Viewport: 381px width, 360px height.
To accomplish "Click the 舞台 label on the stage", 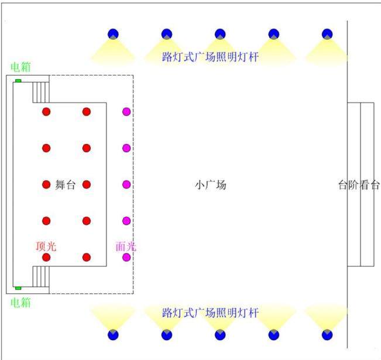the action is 66,185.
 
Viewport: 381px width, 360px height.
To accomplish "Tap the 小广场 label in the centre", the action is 211,185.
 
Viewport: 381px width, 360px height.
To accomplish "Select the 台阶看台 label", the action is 359,185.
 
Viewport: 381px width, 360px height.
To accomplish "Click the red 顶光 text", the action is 46,246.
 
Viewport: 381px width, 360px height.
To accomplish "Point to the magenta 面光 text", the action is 126,246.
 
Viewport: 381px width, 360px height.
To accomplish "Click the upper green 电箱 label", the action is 20,67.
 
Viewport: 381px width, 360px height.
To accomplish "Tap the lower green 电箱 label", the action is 20,303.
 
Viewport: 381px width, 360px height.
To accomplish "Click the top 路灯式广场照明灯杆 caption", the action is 210,57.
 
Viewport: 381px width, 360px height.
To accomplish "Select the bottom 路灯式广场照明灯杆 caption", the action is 210,313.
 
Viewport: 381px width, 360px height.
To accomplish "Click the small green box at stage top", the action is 18,81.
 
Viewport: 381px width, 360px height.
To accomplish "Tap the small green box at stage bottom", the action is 18,288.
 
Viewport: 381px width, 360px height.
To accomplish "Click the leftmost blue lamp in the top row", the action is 113,34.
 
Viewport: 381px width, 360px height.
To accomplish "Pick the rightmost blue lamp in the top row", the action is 327,34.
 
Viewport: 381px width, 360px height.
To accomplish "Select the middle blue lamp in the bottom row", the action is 220,335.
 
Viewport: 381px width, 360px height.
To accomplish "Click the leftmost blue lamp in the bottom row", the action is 113,335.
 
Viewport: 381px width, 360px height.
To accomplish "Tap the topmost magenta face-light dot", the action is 126,112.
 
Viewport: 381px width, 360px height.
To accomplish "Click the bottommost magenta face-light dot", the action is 126,257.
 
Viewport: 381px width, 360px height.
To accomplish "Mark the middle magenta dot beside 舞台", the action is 126,184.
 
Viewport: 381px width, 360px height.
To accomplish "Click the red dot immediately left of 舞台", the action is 46,184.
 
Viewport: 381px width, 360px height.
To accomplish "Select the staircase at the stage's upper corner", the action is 41,92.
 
